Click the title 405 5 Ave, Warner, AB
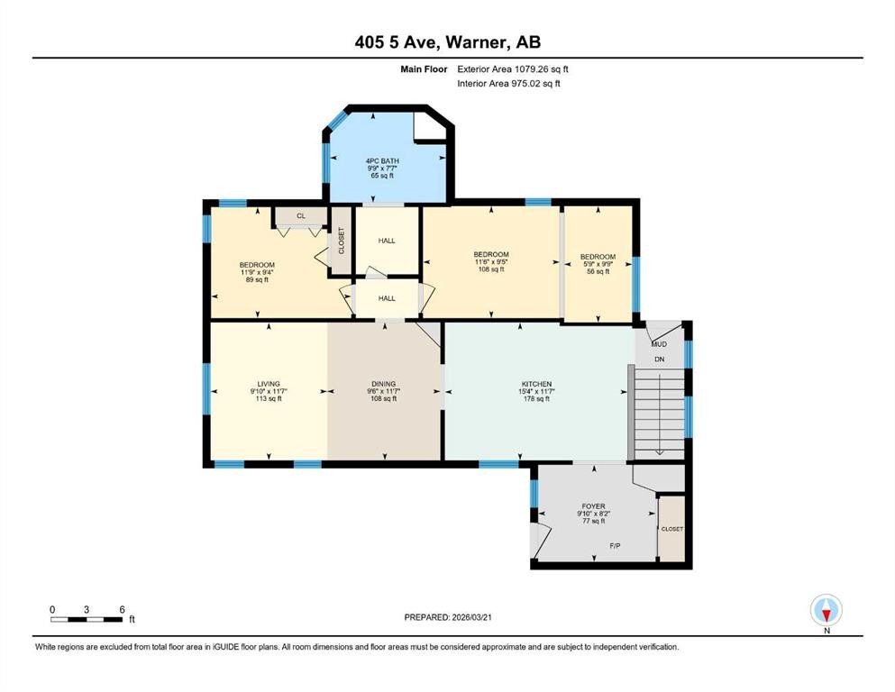447,41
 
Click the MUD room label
659,343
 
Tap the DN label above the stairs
659,359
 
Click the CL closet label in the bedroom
300,216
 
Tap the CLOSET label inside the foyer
671,529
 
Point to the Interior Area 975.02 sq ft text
509,84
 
